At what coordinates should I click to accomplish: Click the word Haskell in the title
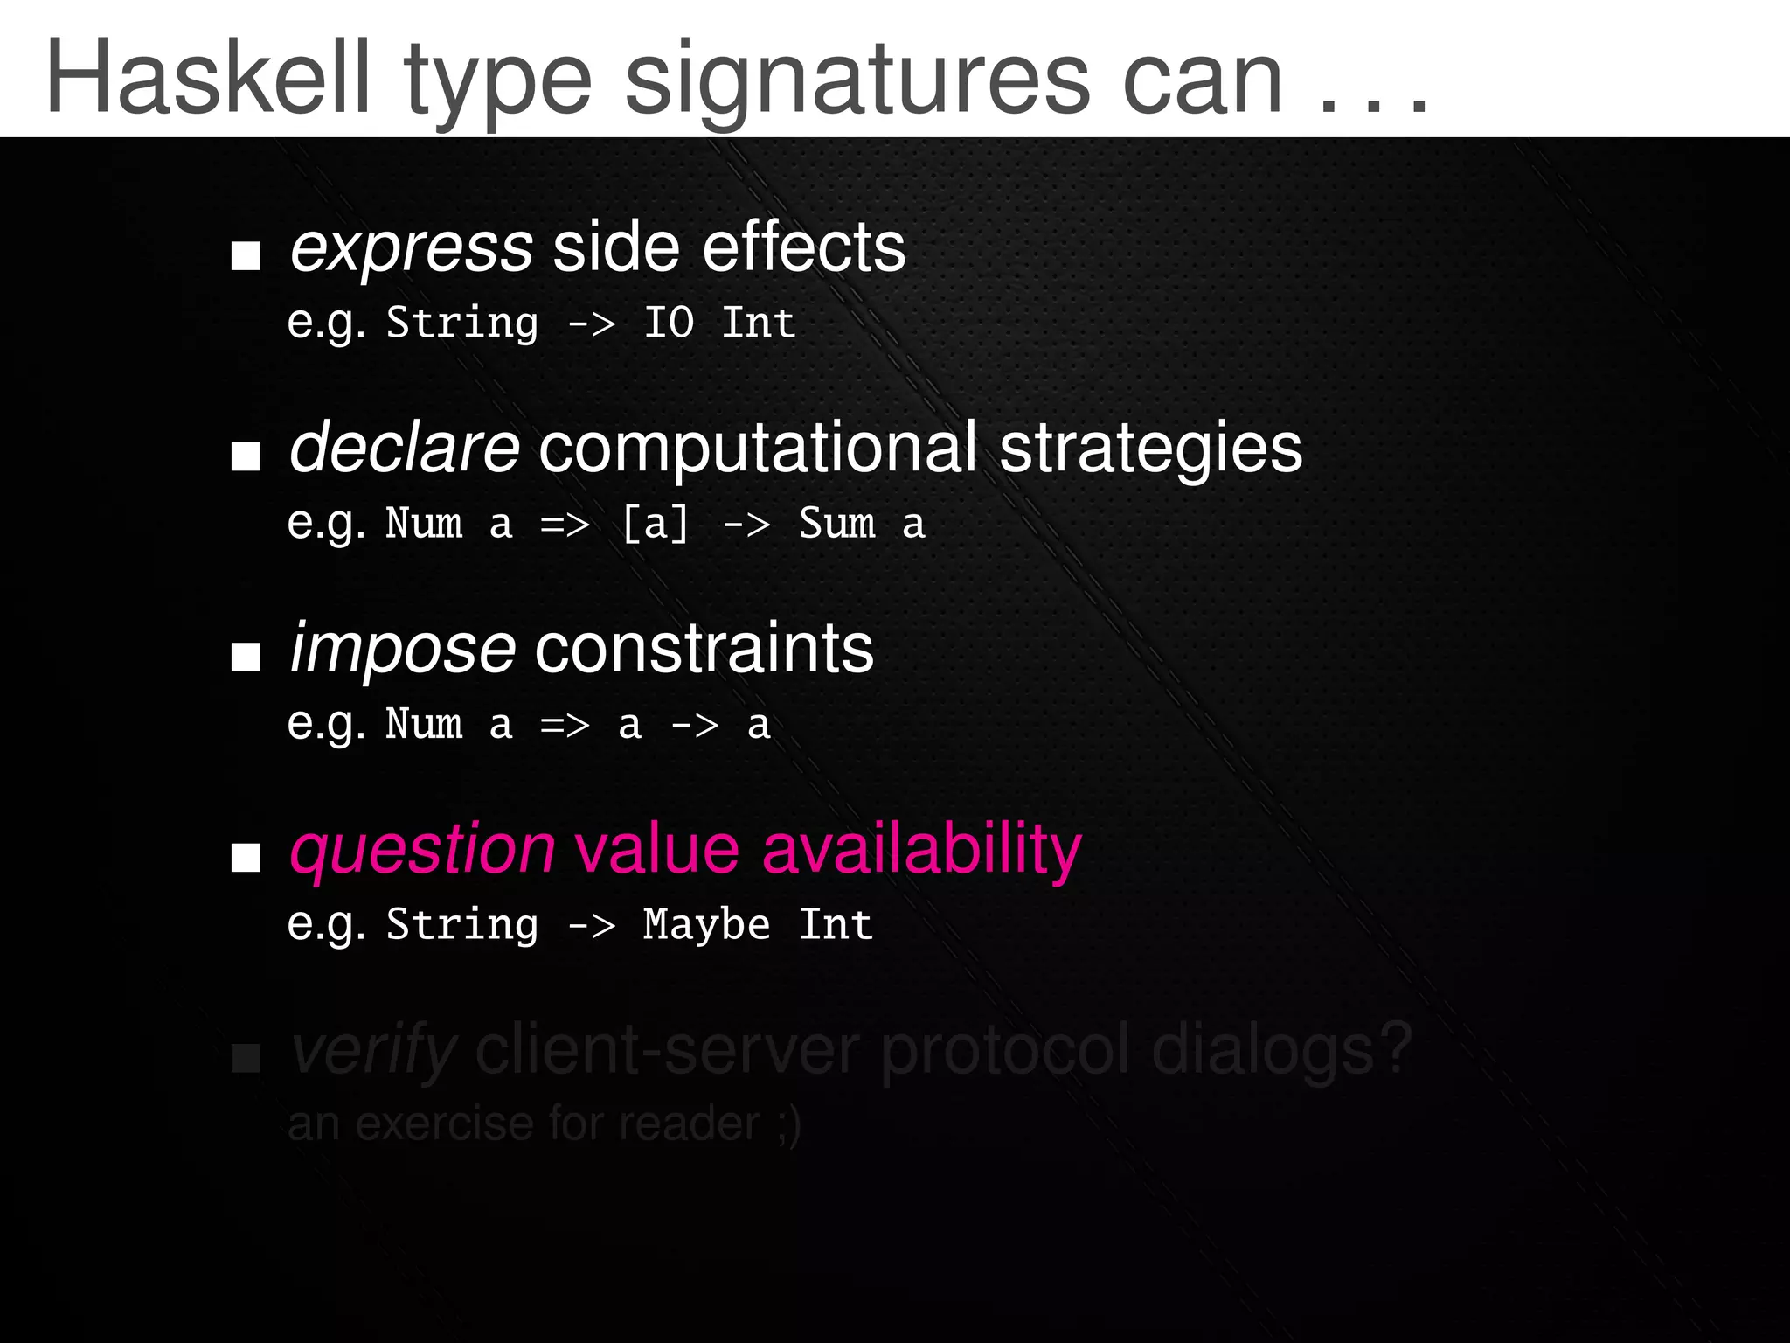point(208,79)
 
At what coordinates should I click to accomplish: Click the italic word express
point(411,248)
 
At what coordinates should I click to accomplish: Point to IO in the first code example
point(669,323)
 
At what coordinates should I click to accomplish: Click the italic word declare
point(405,447)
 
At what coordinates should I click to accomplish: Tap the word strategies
point(1150,449)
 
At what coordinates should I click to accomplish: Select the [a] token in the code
point(656,524)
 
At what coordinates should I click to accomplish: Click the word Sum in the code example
point(836,524)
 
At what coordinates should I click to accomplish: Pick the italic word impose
point(403,650)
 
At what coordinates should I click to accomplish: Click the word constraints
point(704,649)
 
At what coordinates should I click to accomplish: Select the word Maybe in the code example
point(706,925)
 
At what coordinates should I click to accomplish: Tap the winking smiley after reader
point(787,1124)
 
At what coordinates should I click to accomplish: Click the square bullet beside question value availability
point(246,858)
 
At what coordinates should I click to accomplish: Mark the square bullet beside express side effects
point(246,256)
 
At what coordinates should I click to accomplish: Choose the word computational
point(758,448)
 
